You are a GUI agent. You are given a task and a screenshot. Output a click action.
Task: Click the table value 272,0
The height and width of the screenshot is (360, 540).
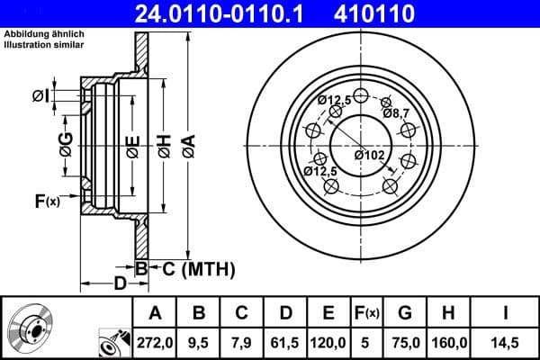point(156,341)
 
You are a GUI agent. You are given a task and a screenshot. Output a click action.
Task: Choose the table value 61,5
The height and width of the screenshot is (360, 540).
point(285,341)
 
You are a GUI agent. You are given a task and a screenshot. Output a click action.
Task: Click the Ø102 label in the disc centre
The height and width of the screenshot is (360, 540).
point(369,155)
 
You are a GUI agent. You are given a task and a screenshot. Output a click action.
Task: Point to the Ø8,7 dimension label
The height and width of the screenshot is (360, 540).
point(397,113)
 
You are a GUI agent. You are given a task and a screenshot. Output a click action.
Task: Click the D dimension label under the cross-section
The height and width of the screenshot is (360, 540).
point(120,286)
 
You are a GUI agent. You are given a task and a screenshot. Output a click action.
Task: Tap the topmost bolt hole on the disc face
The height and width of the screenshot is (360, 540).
point(361,96)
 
